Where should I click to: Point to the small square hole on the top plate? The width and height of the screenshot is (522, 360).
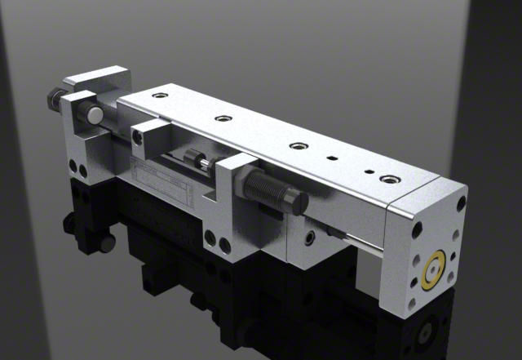coord(332,158)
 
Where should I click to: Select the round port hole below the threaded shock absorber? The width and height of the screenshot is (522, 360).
coord(308,238)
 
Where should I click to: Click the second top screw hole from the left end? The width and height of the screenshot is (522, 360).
coord(220,118)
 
